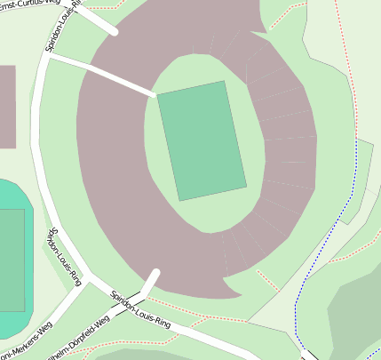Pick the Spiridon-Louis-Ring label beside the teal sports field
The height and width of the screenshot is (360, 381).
64,256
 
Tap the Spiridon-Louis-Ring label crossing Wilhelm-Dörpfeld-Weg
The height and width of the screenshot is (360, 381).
140,310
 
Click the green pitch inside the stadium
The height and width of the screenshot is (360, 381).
202,140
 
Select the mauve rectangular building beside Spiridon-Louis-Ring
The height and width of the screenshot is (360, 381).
7,107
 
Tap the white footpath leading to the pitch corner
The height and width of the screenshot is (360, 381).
120,78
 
